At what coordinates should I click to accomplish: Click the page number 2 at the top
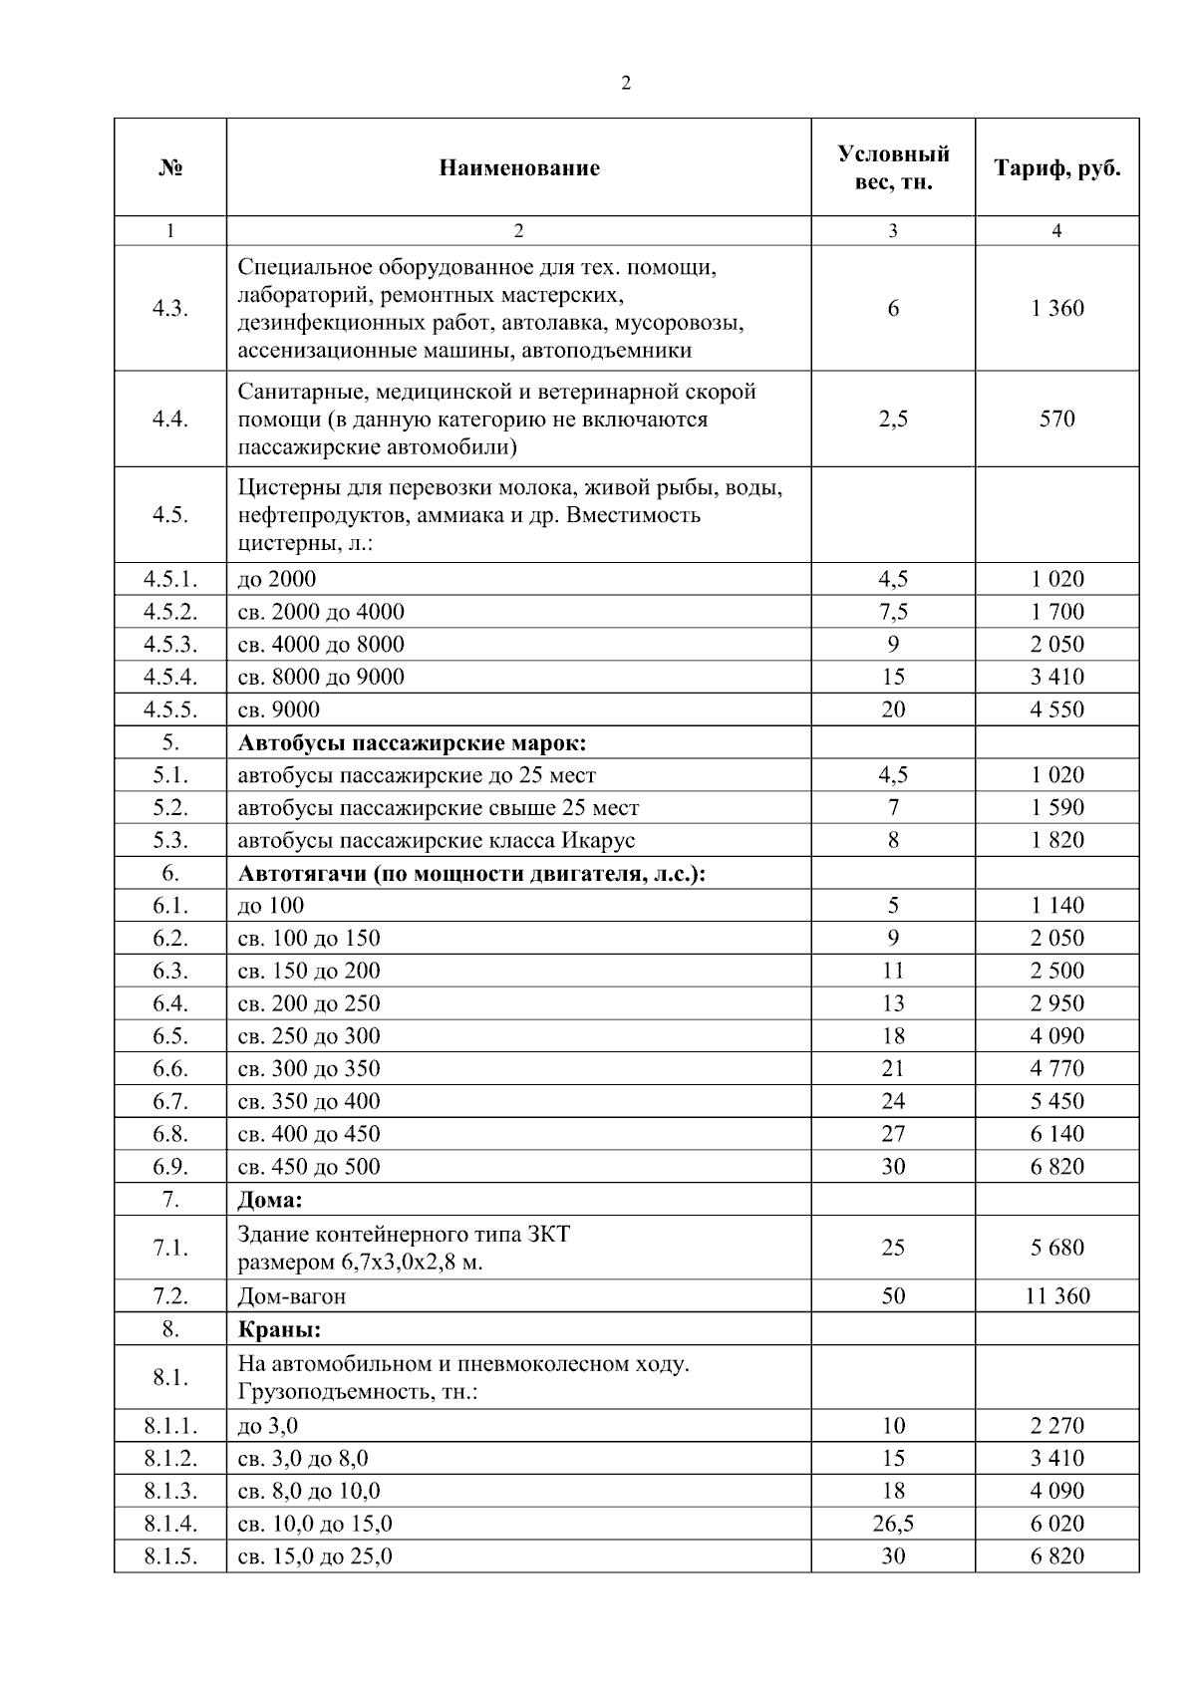pos(626,84)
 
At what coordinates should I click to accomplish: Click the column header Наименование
pos(518,167)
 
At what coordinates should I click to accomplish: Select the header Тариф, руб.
pos(1056,167)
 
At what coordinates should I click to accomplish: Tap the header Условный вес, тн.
pos(893,167)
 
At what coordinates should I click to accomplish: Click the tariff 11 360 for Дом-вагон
pos(1056,1295)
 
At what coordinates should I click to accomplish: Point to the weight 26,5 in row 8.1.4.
pos(893,1523)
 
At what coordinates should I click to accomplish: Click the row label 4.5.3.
pos(170,644)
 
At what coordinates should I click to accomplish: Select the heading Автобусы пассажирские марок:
pos(412,742)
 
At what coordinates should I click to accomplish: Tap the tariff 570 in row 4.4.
pos(1056,419)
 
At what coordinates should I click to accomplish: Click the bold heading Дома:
pos(270,1199)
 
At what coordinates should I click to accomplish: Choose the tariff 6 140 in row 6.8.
pos(1056,1133)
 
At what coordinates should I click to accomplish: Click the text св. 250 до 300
pos(309,1035)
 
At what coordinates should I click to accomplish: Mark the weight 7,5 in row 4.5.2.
pos(893,611)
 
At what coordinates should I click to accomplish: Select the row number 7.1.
pos(170,1247)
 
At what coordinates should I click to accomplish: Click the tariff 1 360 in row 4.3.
pos(1056,308)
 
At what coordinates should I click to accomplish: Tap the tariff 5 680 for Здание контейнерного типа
pos(1056,1247)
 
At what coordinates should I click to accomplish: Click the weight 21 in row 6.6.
pos(893,1068)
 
